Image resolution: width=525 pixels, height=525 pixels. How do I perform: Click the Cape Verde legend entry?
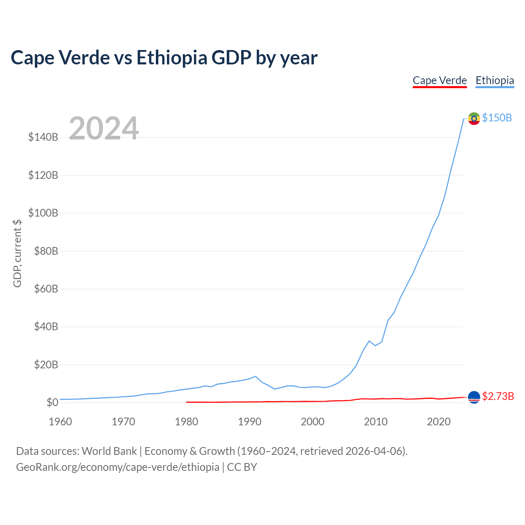click(439, 81)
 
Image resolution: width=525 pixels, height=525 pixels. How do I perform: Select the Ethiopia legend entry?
click(495, 81)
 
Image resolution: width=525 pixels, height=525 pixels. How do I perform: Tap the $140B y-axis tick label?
click(43, 137)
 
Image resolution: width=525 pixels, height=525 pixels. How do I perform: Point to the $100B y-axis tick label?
click(43, 213)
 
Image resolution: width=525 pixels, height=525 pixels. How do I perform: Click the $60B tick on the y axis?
click(46, 288)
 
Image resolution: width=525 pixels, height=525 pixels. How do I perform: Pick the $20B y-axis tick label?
click(46, 364)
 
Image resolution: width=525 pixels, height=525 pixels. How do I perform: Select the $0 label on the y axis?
click(52, 402)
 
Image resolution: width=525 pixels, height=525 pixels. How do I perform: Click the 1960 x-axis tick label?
click(60, 422)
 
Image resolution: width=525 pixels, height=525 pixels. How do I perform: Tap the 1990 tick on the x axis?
click(249, 422)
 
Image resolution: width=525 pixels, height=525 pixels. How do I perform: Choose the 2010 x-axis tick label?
click(376, 422)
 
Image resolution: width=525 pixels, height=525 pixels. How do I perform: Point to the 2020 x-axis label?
click(438, 422)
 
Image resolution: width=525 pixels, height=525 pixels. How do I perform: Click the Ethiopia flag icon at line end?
click(474, 119)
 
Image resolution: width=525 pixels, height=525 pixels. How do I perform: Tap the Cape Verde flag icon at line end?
click(474, 397)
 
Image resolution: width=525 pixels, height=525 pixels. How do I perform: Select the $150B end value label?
click(497, 118)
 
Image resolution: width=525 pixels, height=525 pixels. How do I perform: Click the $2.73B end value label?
click(498, 396)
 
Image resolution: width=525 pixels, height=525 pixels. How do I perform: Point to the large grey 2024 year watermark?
click(104, 128)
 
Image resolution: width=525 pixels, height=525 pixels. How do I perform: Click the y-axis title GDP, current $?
click(17, 253)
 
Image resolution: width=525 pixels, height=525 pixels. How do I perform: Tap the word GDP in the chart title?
click(231, 57)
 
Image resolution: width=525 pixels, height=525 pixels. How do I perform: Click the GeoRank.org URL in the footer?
click(118, 467)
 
